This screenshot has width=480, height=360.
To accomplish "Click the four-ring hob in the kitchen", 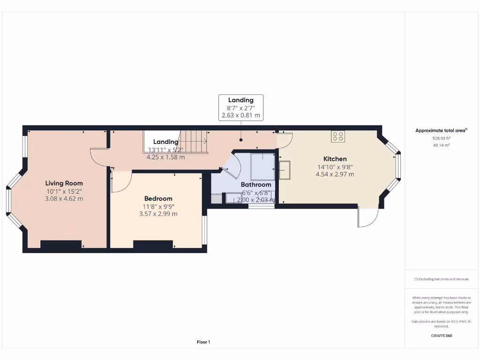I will (337, 136).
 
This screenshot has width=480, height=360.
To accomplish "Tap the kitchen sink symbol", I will (284, 169).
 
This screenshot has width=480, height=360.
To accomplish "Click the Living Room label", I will (64, 183).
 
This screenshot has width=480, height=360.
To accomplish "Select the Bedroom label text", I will (158, 198).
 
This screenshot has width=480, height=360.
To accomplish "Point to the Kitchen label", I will (335, 159).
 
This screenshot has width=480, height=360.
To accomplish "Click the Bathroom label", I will (256, 185).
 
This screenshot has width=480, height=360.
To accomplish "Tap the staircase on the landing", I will (194, 142).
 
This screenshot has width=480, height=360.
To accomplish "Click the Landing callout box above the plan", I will (240, 107).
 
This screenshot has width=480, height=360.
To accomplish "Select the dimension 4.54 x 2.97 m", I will (335, 174).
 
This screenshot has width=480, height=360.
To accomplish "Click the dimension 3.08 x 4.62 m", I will (64, 199).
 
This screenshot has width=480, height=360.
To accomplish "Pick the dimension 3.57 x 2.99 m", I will (158, 214).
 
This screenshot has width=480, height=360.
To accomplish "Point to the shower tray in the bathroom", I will (262, 166).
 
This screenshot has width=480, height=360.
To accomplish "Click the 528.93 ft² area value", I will (441, 139).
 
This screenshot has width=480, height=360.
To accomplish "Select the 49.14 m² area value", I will (441, 145).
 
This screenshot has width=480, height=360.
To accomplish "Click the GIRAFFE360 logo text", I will (441, 336).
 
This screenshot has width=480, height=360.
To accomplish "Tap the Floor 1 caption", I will (203, 342).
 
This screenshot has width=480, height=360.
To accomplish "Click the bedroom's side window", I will (204, 230).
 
